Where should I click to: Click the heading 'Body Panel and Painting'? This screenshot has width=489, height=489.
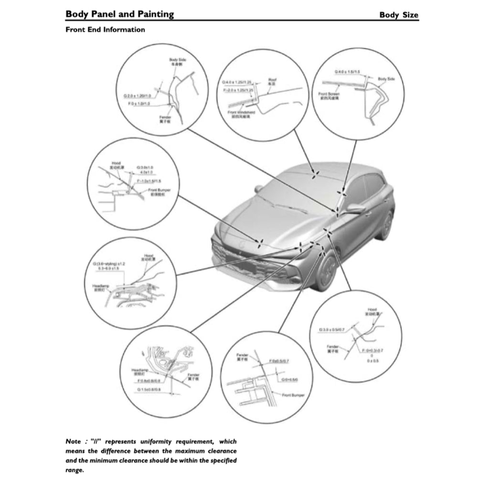(x=119, y=14)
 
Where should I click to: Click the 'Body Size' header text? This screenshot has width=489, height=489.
(x=398, y=14)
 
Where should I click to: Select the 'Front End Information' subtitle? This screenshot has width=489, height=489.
(x=105, y=30)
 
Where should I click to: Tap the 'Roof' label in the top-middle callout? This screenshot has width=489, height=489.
(x=273, y=80)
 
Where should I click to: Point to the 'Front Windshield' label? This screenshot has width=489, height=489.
(x=242, y=113)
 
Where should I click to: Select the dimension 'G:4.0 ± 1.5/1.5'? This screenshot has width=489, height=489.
(x=348, y=72)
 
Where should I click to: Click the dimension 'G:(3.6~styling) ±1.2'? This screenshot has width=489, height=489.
(x=109, y=264)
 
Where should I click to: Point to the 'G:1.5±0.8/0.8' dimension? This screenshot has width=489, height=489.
(x=149, y=390)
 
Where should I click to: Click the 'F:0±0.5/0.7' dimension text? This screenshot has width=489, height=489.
(x=280, y=361)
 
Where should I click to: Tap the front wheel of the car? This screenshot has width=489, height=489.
(x=326, y=273)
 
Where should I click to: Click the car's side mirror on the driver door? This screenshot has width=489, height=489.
(x=355, y=208)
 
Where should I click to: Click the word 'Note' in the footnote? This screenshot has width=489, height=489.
(x=73, y=441)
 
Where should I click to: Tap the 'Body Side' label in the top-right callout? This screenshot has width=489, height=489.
(x=386, y=79)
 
